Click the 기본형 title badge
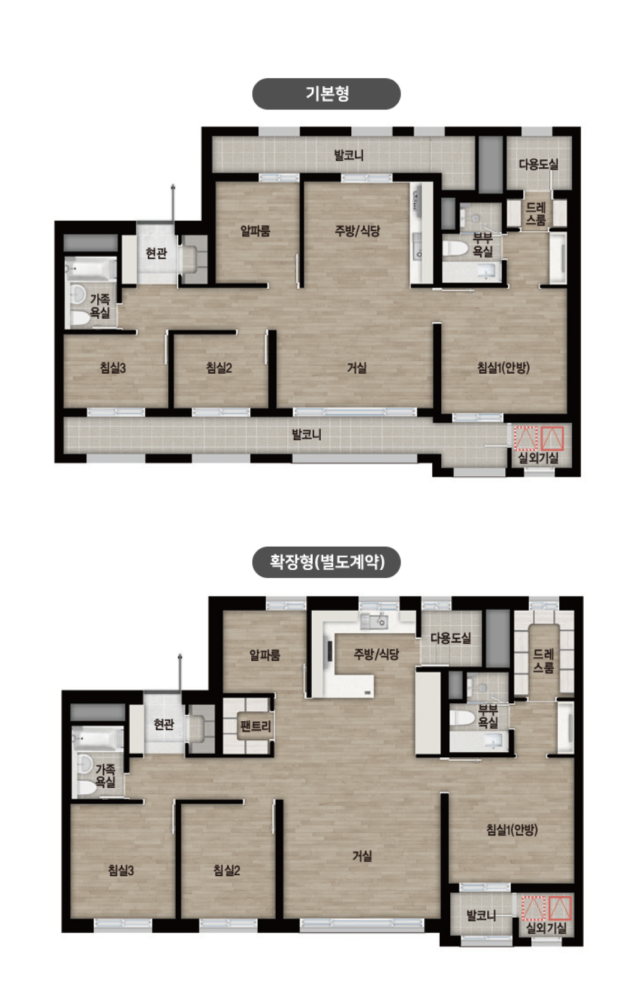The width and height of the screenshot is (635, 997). click(x=326, y=94)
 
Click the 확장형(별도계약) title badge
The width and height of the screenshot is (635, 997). click(x=326, y=561)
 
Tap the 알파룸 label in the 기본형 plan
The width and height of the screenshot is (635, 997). click(x=255, y=231)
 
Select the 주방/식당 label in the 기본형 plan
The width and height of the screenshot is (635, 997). click(x=357, y=231)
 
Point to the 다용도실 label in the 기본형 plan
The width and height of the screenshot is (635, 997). click(x=538, y=164)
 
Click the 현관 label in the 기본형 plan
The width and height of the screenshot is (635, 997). click(x=156, y=253)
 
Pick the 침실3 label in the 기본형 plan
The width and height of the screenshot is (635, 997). click(x=113, y=368)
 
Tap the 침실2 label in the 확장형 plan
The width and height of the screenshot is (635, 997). click(x=226, y=871)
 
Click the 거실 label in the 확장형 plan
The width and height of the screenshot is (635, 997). click(x=362, y=856)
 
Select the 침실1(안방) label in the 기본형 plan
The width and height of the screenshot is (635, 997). click(x=503, y=368)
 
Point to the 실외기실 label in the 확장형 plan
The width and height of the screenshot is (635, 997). click(x=546, y=928)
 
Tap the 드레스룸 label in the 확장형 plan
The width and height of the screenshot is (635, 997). click(x=543, y=661)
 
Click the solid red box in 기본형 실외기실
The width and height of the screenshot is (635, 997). click(x=552, y=439)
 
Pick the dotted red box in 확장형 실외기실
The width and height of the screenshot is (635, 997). click(x=532, y=908)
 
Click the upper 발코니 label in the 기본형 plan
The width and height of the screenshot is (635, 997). click(x=349, y=156)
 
